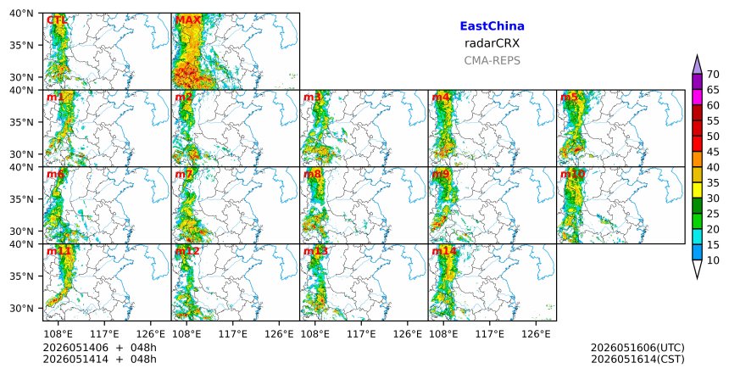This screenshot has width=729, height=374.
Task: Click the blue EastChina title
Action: point(492,26)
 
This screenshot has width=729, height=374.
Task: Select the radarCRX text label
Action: point(492,43)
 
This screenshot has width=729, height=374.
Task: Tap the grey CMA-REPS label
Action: point(492,60)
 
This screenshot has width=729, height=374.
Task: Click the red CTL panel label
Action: point(57,20)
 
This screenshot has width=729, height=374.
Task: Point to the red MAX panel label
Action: point(188,20)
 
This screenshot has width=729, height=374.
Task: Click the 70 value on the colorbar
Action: point(713,75)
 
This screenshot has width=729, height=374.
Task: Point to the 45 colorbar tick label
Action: point(713,152)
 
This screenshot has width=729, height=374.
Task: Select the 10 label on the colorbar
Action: point(713,260)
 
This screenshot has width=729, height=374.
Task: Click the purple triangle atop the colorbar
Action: point(697,65)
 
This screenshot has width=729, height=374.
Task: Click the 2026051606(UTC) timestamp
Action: point(637,348)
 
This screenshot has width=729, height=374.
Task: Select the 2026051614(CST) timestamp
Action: point(637,360)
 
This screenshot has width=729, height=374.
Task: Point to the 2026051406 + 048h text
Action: point(99,348)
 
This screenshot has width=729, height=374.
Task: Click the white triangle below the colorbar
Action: point(697,268)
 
